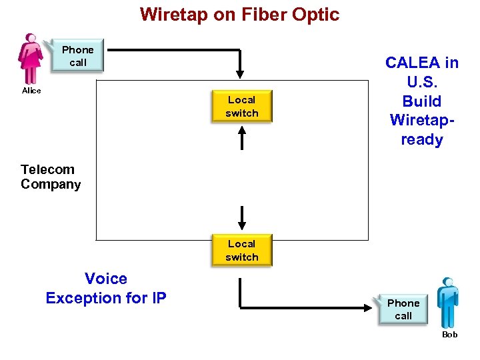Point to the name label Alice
31,91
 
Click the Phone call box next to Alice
78,56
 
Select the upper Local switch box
241,107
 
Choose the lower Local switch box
241,251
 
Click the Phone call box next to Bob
403,309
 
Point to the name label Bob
450,335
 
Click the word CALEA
413,63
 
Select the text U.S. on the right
422,82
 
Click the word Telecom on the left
47,169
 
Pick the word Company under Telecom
51,185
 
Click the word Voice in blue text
105,279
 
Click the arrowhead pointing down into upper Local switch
241,73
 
